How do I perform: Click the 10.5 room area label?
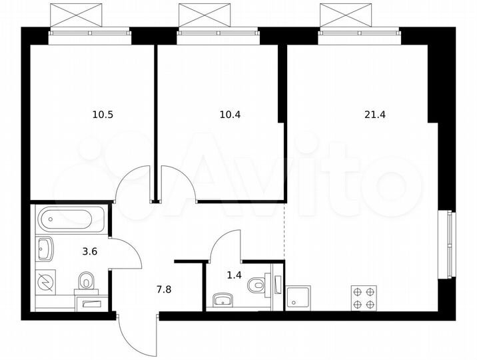(x=103, y=115)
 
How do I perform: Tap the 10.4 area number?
(x=230, y=115)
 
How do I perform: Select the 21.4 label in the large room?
(x=375, y=115)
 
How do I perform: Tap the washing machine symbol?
(x=46, y=281)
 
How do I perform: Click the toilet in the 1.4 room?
(x=256, y=285)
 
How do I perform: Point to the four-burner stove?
(x=364, y=297)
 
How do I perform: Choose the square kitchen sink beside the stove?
(x=298, y=297)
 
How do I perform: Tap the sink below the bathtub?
(x=47, y=248)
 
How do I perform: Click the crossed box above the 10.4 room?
(x=217, y=14)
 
